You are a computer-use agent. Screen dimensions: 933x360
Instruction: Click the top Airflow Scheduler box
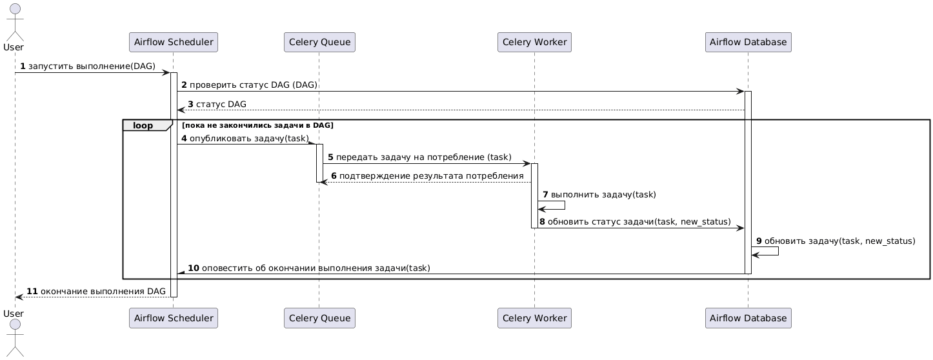click(x=174, y=42)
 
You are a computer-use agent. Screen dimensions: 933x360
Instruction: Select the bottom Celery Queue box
click(x=319, y=318)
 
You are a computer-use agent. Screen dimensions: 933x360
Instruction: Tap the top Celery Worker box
click(x=534, y=42)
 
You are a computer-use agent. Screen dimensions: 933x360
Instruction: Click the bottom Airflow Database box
click(x=748, y=318)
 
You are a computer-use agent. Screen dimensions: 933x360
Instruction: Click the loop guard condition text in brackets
click(x=258, y=125)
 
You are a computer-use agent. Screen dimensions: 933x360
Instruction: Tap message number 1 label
click(x=88, y=66)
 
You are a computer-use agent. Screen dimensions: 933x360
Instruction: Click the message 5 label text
click(x=420, y=157)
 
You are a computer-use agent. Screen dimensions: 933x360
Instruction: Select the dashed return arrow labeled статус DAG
click(x=461, y=110)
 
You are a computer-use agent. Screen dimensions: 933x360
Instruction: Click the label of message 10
click(x=309, y=268)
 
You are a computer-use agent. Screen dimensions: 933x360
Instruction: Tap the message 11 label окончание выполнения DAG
click(x=96, y=291)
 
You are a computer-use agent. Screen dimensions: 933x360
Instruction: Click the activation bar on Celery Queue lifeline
click(x=319, y=163)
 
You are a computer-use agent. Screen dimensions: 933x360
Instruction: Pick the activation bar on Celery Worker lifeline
click(x=534, y=195)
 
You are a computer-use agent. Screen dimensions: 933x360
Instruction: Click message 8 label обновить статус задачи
click(x=635, y=222)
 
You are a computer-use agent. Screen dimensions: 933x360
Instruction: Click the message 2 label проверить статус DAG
click(x=250, y=85)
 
